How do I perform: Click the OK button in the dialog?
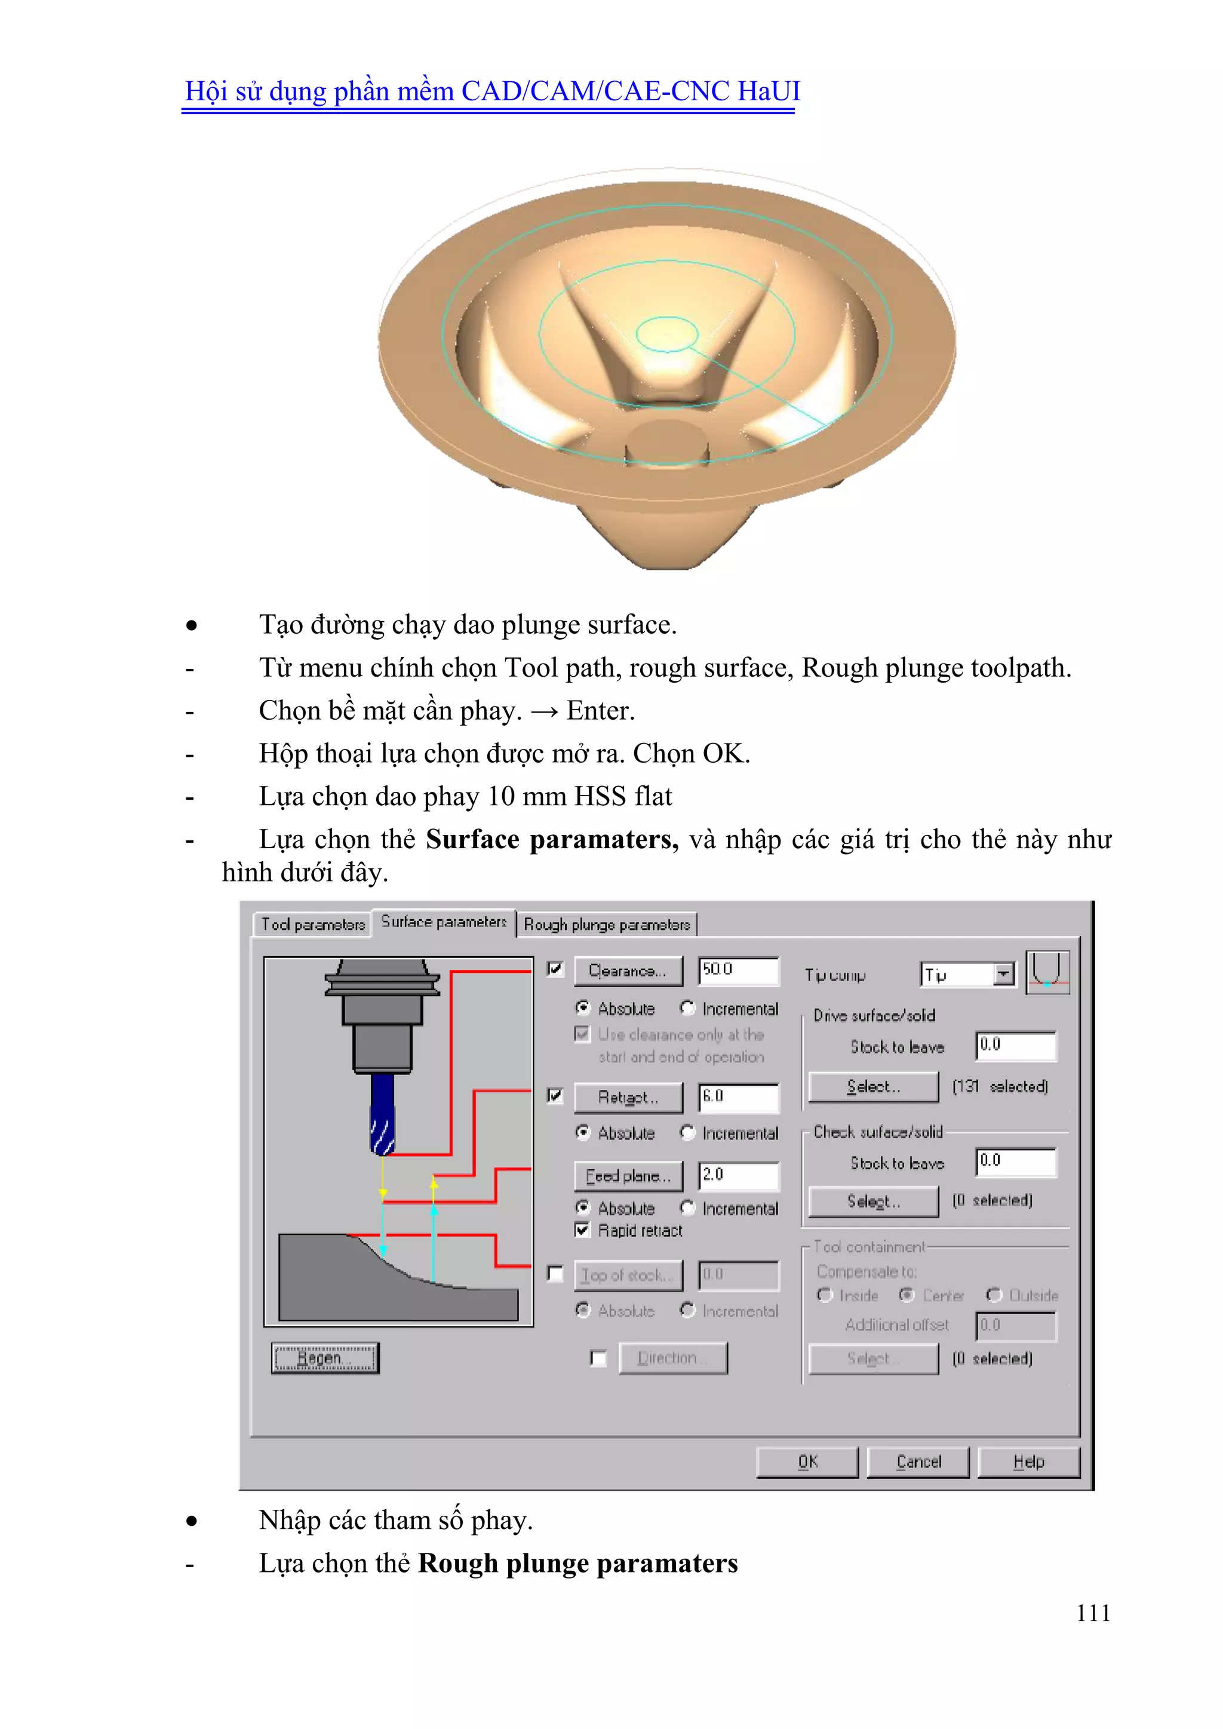tap(807, 1461)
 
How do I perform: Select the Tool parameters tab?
tap(312, 924)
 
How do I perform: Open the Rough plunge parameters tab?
tap(606, 924)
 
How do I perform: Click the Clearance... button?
tap(628, 971)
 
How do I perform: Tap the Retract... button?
tap(628, 1097)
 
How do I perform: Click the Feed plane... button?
tap(628, 1175)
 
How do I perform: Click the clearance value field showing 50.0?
tap(738, 970)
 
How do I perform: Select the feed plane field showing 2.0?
tap(738, 1175)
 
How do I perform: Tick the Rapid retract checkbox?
tap(582, 1230)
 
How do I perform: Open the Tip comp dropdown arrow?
tap(1003, 975)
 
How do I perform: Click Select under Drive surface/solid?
tap(874, 1086)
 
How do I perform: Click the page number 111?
tap(1093, 1613)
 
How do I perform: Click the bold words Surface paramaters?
tap(552, 839)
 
